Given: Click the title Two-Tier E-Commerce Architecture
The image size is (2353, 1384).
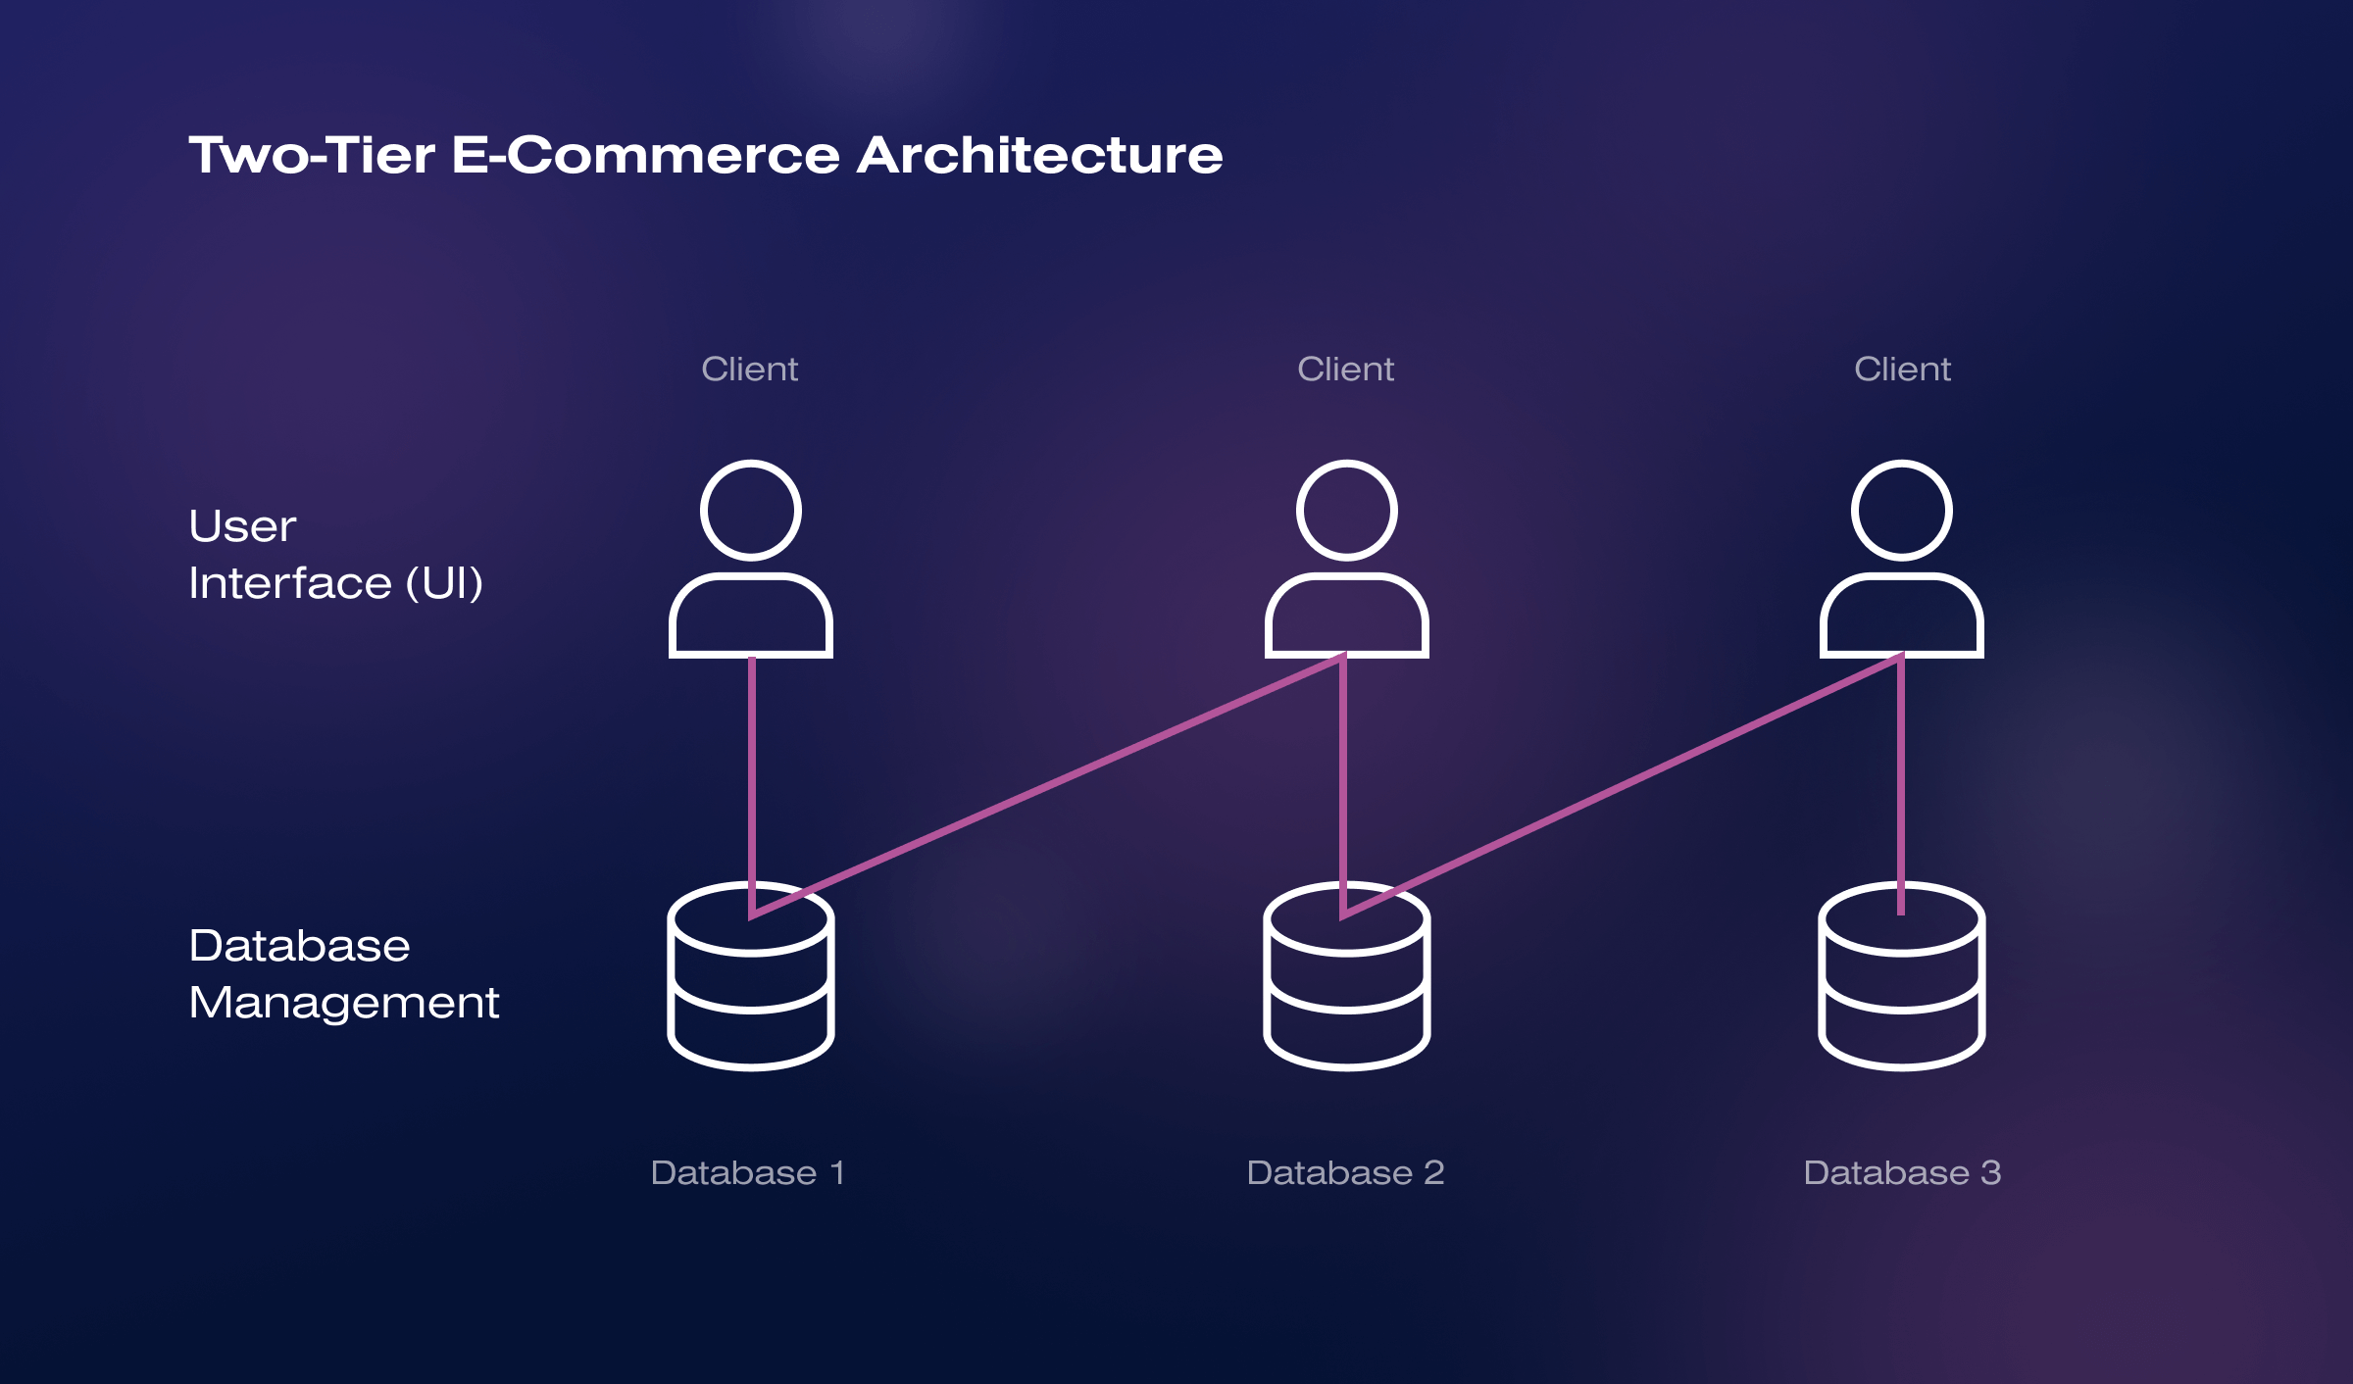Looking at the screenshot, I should pos(705,155).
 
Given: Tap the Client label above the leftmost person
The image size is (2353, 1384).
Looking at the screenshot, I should pos(750,370).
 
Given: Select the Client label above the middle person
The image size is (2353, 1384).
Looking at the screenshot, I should pos(1345,370).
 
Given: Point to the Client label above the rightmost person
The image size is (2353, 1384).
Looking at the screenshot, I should pos(1902,370).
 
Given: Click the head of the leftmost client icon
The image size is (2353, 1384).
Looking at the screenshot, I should pos(751,510).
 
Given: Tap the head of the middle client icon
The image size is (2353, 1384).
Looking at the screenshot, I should pos(1346,510).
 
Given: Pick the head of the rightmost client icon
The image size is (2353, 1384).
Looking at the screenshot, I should pos(1902,510).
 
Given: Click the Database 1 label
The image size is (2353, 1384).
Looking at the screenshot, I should pos(747,1172).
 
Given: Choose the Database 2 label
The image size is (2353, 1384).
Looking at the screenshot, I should pos(1345,1172).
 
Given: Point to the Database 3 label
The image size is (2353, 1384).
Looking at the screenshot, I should pos(1902,1172).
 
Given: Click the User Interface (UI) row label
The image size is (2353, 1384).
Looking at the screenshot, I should pos(335,555).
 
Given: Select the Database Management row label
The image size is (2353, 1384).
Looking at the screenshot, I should pos(343,974).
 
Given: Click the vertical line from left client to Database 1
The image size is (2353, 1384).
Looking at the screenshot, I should pos(752,774).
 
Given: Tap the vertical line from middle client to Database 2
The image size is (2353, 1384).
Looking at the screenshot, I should pos(1343,774).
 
